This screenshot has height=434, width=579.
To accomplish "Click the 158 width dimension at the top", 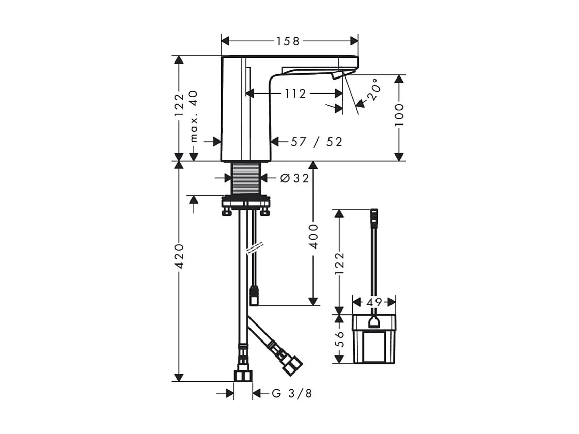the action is (288, 41).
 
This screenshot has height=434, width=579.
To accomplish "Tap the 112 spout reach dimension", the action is (295, 94).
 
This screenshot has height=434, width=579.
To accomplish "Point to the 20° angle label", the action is (374, 90).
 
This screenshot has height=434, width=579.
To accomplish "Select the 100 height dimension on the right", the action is (399, 115).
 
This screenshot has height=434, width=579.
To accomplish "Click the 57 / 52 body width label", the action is (317, 142).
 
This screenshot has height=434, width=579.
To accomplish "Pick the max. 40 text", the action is (194, 116).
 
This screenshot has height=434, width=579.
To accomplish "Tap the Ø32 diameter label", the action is (294, 178).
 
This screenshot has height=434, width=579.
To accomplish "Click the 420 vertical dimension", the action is (179, 256).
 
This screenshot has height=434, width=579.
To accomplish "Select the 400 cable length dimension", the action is (313, 236).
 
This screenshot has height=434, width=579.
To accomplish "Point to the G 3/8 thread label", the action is (292, 393).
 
